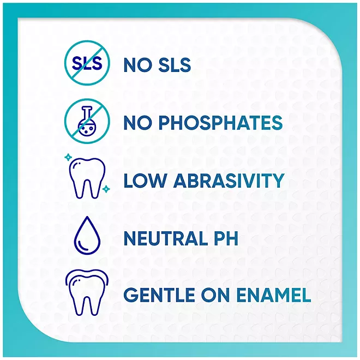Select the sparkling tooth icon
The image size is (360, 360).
point(87,176)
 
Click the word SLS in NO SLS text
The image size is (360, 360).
point(175,65)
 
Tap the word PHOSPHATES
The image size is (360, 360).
point(220,123)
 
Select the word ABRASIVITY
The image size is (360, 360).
point(229,181)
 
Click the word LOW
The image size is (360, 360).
point(145,181)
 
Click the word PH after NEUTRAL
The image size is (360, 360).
point(226,238)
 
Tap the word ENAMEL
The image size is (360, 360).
point(273,295)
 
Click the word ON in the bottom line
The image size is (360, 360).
point(216,295)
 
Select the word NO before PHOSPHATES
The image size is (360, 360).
point(138,123)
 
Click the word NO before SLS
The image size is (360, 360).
point(138,65)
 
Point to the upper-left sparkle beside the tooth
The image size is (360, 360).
point(68,157)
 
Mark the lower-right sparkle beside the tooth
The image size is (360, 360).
point(106,189)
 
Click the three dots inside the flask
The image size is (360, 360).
point(86,129)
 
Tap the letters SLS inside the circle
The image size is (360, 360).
point(87,63)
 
